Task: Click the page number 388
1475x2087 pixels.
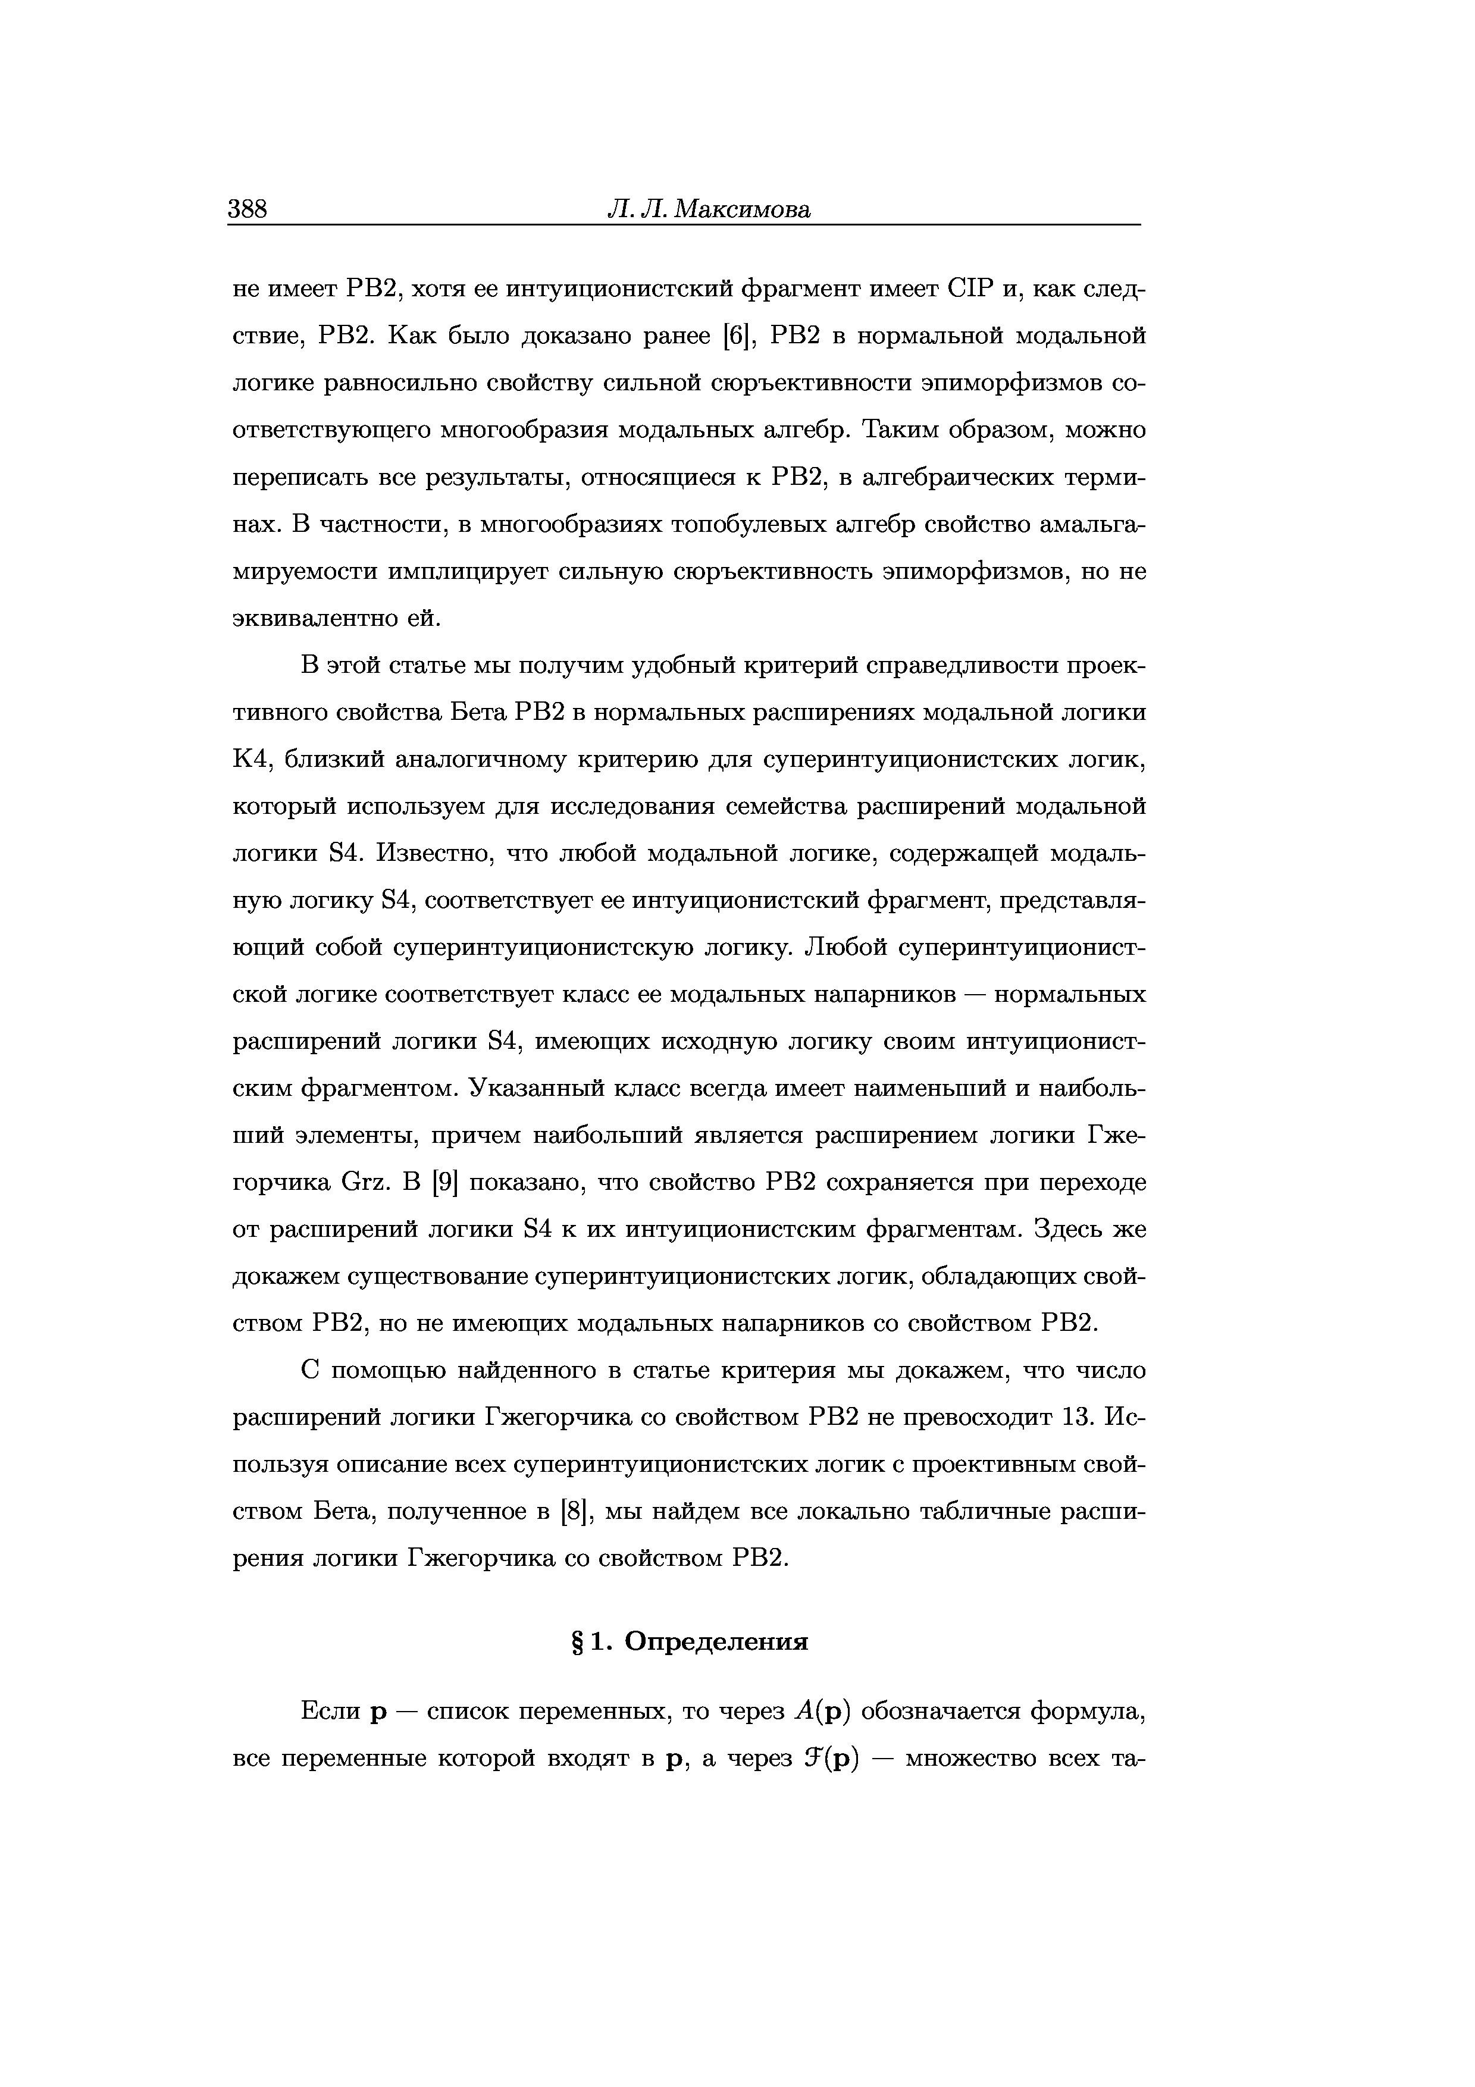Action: (x=247, y=210)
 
